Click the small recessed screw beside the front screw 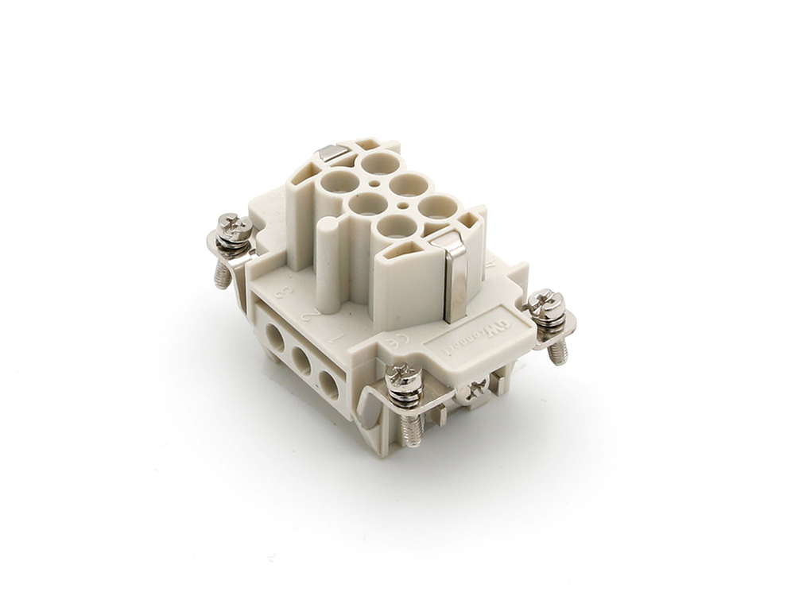[476, 389]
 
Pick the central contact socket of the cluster [368, 203]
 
